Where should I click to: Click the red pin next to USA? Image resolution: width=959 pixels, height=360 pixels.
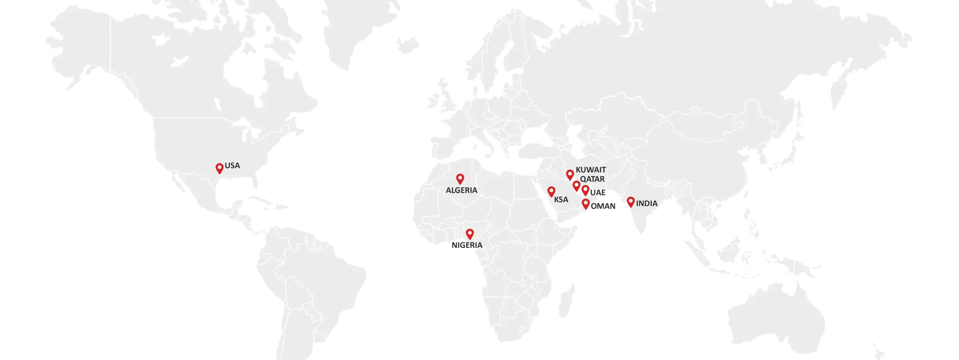[219, 168]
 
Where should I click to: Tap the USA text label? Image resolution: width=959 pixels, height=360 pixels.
[232, 165]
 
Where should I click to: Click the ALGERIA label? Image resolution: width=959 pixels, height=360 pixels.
[461, 190]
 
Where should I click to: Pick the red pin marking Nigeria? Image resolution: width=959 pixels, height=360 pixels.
[469, 234]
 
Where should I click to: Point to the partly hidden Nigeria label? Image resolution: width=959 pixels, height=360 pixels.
[467, 245]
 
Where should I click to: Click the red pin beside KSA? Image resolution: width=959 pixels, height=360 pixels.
[551, 191]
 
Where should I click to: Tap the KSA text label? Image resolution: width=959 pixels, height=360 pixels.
[561, 200]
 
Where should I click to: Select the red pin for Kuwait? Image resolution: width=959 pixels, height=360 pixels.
[570, 174]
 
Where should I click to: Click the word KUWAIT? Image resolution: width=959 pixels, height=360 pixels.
[590, 170]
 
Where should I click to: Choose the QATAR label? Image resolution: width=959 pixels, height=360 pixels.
[592, 179]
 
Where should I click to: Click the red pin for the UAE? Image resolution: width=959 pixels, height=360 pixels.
[585, 189]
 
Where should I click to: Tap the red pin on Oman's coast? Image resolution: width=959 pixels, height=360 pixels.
[585, 203]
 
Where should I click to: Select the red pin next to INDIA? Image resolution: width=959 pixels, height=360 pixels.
[630, 201]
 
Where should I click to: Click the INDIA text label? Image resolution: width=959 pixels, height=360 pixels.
[647, 203]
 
